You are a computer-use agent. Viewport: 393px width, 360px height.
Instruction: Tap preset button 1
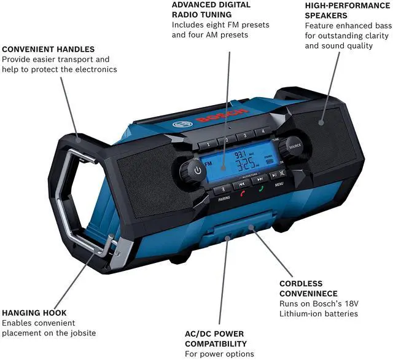point(208,144)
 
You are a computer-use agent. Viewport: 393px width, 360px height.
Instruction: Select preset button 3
point(244,135)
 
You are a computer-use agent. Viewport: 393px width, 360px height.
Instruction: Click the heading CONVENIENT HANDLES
point(49,49)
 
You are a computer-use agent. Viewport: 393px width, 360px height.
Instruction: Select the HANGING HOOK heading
point(34,311)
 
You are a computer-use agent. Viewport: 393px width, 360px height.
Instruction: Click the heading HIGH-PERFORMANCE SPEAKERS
point(347,10)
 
